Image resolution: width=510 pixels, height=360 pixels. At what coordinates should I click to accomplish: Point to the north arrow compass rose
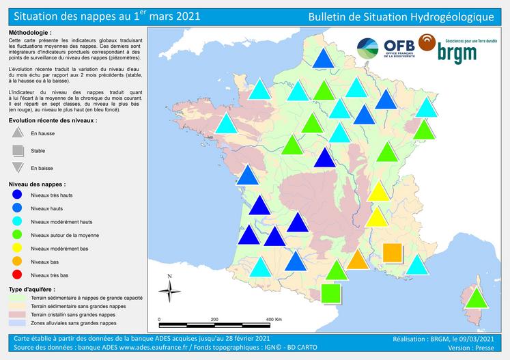click(x=169, y=289)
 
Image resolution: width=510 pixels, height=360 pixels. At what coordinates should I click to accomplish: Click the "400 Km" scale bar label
click(x=273, y=319)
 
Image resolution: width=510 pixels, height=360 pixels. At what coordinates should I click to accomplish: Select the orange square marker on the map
click(x=392, y=253)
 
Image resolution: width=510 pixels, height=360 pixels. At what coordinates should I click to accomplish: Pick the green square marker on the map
click(x=330, y=294)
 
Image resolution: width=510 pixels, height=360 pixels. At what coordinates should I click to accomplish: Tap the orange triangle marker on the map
click(x=357, y=259)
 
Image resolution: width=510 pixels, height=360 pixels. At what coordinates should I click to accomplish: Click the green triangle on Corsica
click(x=477, y=298)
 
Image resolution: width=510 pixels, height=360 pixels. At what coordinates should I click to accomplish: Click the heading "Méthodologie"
click(x=30, y=33)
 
